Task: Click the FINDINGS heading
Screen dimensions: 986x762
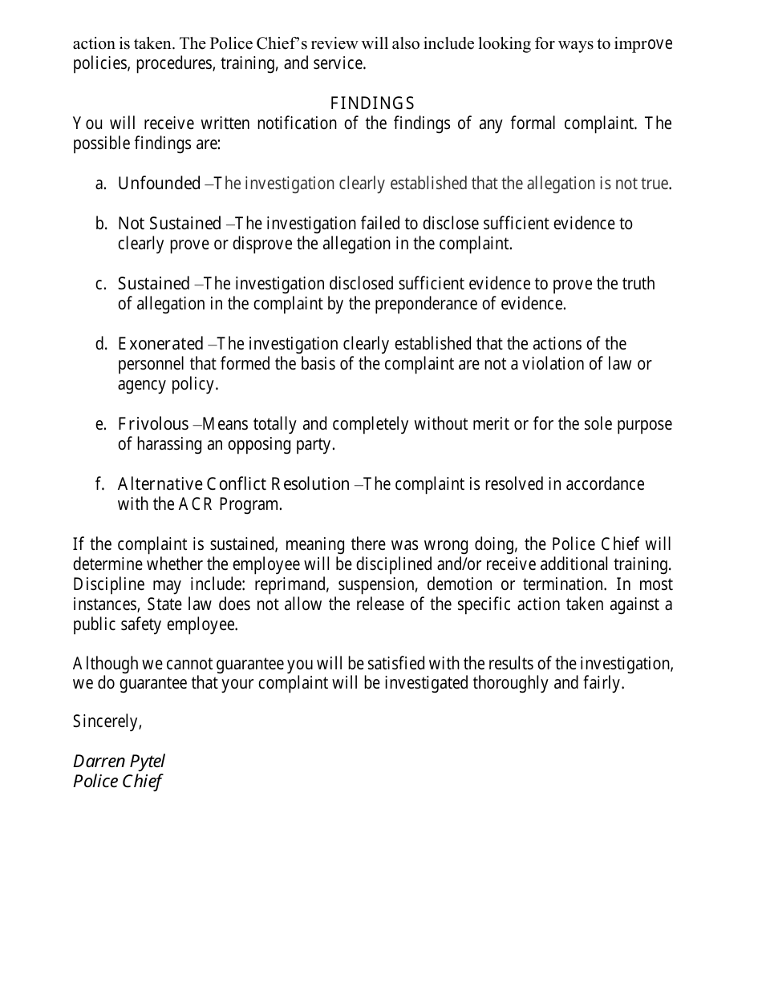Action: point(372,103)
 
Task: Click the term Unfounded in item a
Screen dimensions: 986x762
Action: point(159,184)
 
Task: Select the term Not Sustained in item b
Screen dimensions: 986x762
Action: point(169,224)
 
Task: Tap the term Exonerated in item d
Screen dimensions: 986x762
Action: point(160,344)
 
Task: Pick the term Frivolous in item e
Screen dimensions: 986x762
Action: point(153,424)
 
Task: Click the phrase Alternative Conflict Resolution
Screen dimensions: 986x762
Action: point(233,484)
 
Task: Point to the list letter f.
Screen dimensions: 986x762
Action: point(99,484)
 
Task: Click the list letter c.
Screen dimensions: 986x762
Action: point(100,284)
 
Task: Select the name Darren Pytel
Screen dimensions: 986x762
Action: point(119,762)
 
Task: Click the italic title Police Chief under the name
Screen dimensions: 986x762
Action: point(117,782)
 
